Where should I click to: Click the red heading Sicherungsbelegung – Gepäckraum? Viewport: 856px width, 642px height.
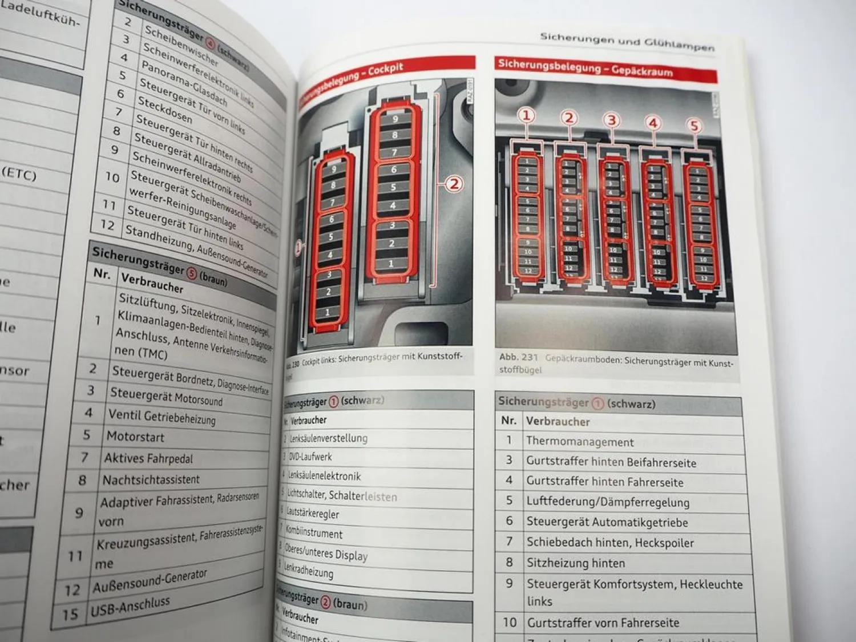585,68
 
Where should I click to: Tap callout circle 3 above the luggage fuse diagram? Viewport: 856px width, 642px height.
611,120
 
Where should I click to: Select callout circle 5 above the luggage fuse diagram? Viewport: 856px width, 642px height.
694,126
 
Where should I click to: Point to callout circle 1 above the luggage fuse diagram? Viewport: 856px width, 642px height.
526,116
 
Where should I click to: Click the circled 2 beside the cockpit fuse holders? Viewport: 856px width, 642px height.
454,184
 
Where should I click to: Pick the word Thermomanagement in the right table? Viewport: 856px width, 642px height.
579,442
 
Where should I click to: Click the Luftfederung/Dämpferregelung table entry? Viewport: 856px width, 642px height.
608,502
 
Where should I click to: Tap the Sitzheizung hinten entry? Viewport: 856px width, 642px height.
575,563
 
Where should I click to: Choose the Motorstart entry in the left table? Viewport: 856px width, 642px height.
135,437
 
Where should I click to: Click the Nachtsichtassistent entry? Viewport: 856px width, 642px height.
151,480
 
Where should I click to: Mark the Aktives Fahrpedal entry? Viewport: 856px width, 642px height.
148,458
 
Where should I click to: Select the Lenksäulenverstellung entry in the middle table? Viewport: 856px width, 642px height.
328,438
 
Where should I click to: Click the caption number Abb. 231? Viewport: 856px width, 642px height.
518,357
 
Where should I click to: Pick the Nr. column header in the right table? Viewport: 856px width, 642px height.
508,421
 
